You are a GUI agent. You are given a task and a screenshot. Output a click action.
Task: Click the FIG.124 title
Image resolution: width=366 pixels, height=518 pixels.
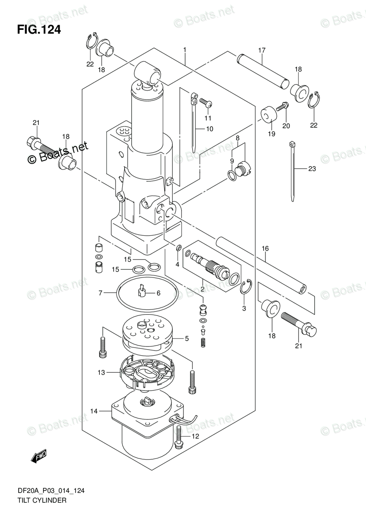pyautogui.click(x=39, y=30)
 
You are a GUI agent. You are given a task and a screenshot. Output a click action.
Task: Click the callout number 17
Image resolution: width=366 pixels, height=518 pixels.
pyautogui.click(x=262, y=51)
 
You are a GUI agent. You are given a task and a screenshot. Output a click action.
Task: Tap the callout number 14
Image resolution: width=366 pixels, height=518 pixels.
pyautogui.click(x=94, y=411)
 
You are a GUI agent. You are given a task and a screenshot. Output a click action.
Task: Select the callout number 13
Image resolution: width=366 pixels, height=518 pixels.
pyautogui.click(x=101, y=372)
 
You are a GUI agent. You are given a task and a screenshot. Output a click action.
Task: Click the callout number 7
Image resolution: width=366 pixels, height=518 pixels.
pyautogui.click(x=100, y=293)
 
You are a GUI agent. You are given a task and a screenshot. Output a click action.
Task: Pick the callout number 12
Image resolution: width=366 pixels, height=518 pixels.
pyautogui.click(x=195, y=436)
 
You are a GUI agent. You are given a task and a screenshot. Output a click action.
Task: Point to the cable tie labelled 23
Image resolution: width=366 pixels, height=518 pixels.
pyautogui.click(x=293, y=171)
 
